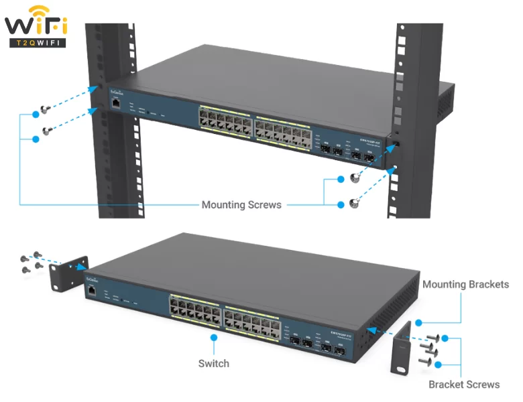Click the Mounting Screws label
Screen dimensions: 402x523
(241, 204)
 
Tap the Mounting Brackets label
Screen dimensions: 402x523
(465, 285)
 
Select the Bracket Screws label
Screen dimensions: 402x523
(464, 385)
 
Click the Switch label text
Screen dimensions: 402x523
(213, 363)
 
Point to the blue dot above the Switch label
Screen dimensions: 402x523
(213, 339)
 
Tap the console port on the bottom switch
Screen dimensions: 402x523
(89, 290)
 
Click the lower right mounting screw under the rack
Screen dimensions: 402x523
(354, 204)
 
